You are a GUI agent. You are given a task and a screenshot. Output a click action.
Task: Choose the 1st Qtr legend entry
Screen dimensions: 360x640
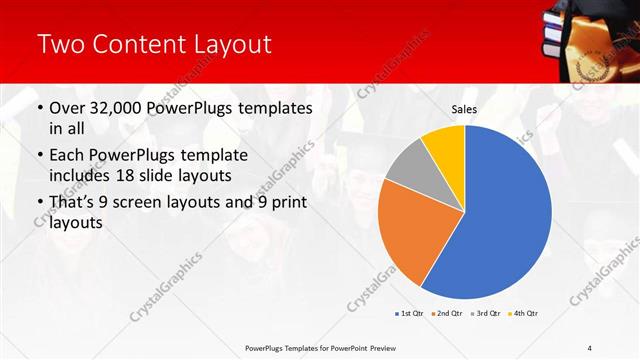coord(409,313)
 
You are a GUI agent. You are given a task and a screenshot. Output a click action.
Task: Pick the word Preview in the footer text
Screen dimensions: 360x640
coord(376,347)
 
